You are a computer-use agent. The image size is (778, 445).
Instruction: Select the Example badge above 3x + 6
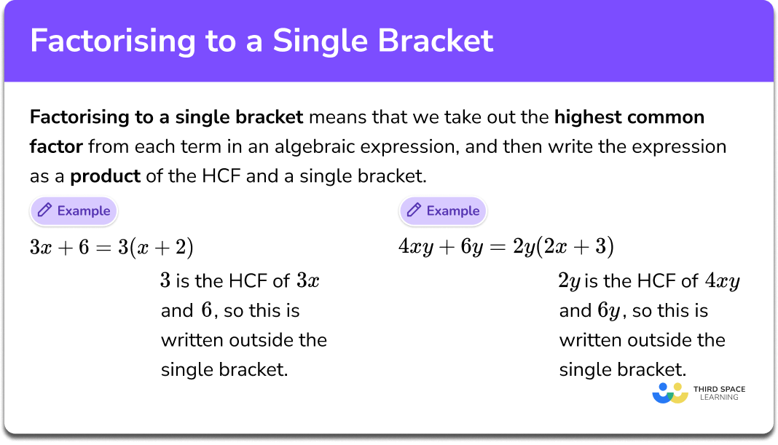tap(73, 211)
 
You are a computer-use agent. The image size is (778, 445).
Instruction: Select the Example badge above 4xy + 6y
tap(442, 211)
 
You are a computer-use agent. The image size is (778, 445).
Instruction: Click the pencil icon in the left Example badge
tap(44, 211)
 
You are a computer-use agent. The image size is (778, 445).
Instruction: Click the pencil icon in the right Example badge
tap(414, 211)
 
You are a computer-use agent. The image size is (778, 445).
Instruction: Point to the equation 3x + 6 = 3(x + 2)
tap(111, 248)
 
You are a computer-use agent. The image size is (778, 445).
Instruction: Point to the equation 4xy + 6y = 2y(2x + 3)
tap(506, 248)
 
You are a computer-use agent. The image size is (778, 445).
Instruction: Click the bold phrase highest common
tap(629, 117)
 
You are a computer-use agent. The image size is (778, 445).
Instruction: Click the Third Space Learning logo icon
tap(670, 393)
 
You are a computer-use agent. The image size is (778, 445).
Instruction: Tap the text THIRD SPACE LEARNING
tap(720, 393)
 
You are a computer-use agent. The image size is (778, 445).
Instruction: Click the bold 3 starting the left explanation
tap(165, 281)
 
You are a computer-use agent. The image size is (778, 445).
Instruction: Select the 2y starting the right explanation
tap(569, 281)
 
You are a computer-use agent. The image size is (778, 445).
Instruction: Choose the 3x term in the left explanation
tap(307, 281)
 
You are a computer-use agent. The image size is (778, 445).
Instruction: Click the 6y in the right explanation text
tap(609, 311)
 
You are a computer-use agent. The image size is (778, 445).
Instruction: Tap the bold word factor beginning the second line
tap(56, 147)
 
